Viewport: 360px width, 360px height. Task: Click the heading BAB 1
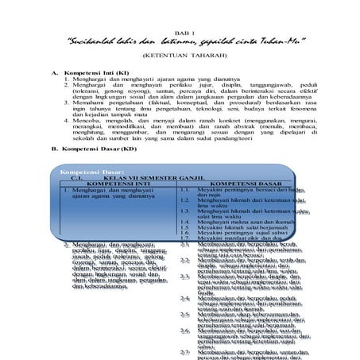coord(180,24)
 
